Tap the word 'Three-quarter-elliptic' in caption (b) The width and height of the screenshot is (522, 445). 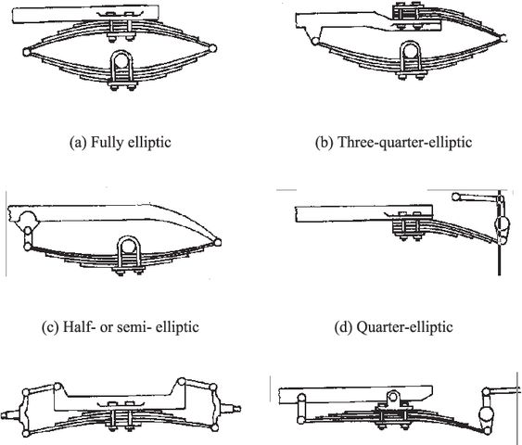[x=405, y=142]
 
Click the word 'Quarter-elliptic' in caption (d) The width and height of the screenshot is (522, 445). [x=404, y=327]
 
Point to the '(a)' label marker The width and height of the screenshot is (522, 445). [x=78, y=143]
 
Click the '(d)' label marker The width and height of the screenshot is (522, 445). [x=343, y=327]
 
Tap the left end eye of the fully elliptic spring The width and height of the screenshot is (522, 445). [x=27, y=52]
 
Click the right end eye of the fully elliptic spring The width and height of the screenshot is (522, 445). [x=212, y=48]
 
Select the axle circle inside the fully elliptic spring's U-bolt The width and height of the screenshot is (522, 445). [x=121, y=60]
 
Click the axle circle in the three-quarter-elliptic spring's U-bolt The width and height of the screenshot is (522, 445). [x=411, y=52]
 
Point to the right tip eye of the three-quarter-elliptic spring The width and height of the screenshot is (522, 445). [x=503, y=38]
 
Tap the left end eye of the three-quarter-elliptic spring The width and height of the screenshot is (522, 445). [x=314, y=42]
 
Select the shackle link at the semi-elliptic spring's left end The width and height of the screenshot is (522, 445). [x=28, y=238]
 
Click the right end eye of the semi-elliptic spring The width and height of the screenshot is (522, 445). [x=217, y=242]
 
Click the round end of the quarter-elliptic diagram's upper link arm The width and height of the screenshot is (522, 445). [x=456, y=197]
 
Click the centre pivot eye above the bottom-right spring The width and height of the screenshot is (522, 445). [x=393, y=397]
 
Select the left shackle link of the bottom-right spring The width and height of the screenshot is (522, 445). [x=301, y=409]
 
